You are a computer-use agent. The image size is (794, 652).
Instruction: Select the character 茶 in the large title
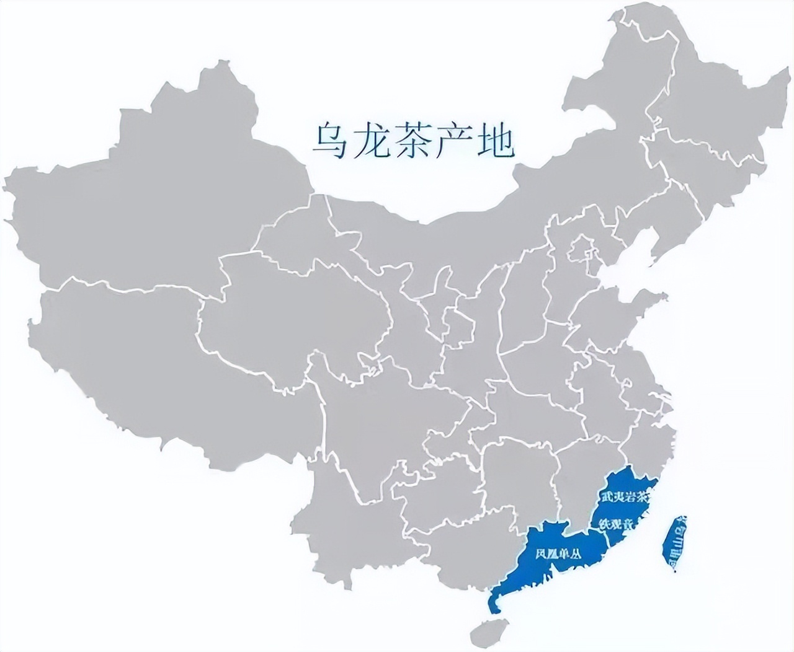[x=413, y=142]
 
